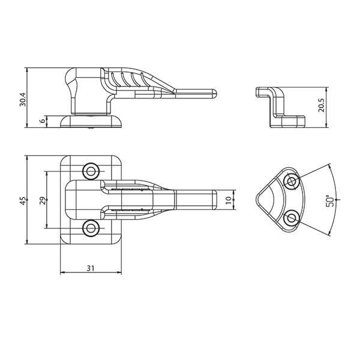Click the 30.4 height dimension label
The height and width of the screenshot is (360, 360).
[23, 99]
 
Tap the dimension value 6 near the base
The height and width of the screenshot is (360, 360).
[43, 121]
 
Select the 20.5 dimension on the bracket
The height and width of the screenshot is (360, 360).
[321, 105]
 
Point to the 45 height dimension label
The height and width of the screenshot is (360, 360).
[23, 200]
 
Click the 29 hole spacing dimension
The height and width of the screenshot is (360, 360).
[43, 200]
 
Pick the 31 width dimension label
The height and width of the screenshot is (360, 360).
[91, 268]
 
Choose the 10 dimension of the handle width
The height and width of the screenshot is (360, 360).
[229, 200]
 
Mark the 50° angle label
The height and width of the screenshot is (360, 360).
[329, 201]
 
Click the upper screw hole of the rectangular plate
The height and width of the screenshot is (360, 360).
[91, 171]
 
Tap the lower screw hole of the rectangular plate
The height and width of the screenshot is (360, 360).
[91, 229]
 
